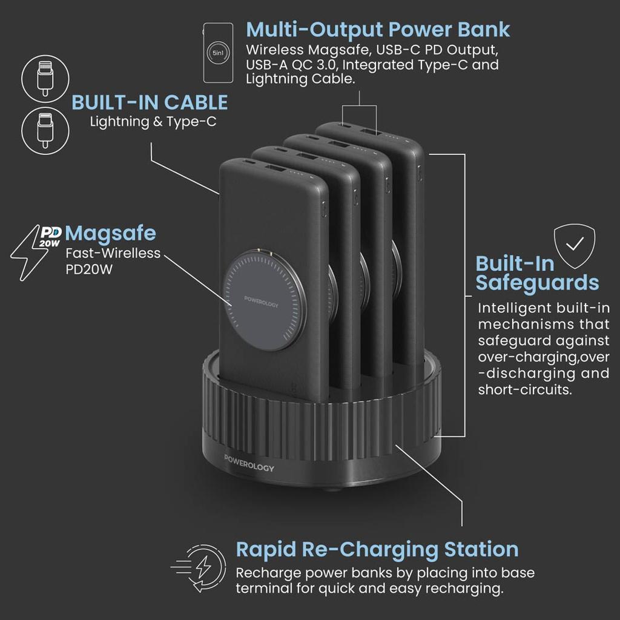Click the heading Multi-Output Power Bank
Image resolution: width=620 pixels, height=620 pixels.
click(378, 30)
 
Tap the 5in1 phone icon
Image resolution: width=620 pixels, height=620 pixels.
click(218, 53)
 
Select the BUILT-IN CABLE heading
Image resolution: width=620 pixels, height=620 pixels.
click(150, 102)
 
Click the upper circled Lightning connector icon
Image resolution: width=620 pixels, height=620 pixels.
click(45, 79)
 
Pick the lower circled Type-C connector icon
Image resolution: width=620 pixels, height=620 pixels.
click(45, 131)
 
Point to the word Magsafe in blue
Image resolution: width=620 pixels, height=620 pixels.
click(110, 234)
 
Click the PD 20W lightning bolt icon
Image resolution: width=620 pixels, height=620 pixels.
click(36, 252)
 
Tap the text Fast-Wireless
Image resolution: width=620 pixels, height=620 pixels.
click(113, 253)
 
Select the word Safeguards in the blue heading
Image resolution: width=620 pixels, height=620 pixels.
click(537, 283)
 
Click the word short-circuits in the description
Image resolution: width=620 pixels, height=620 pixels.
click(524, 390)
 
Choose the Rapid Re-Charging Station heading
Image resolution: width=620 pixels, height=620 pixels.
click(377, 550)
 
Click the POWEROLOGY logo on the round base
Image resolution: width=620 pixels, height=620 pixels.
click(249, 463)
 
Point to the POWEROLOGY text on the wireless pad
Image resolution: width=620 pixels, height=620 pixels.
click(261, 302)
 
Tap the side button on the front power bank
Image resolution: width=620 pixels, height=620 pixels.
click(325, 208)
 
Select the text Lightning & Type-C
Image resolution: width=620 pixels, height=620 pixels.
click(153, 121)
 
